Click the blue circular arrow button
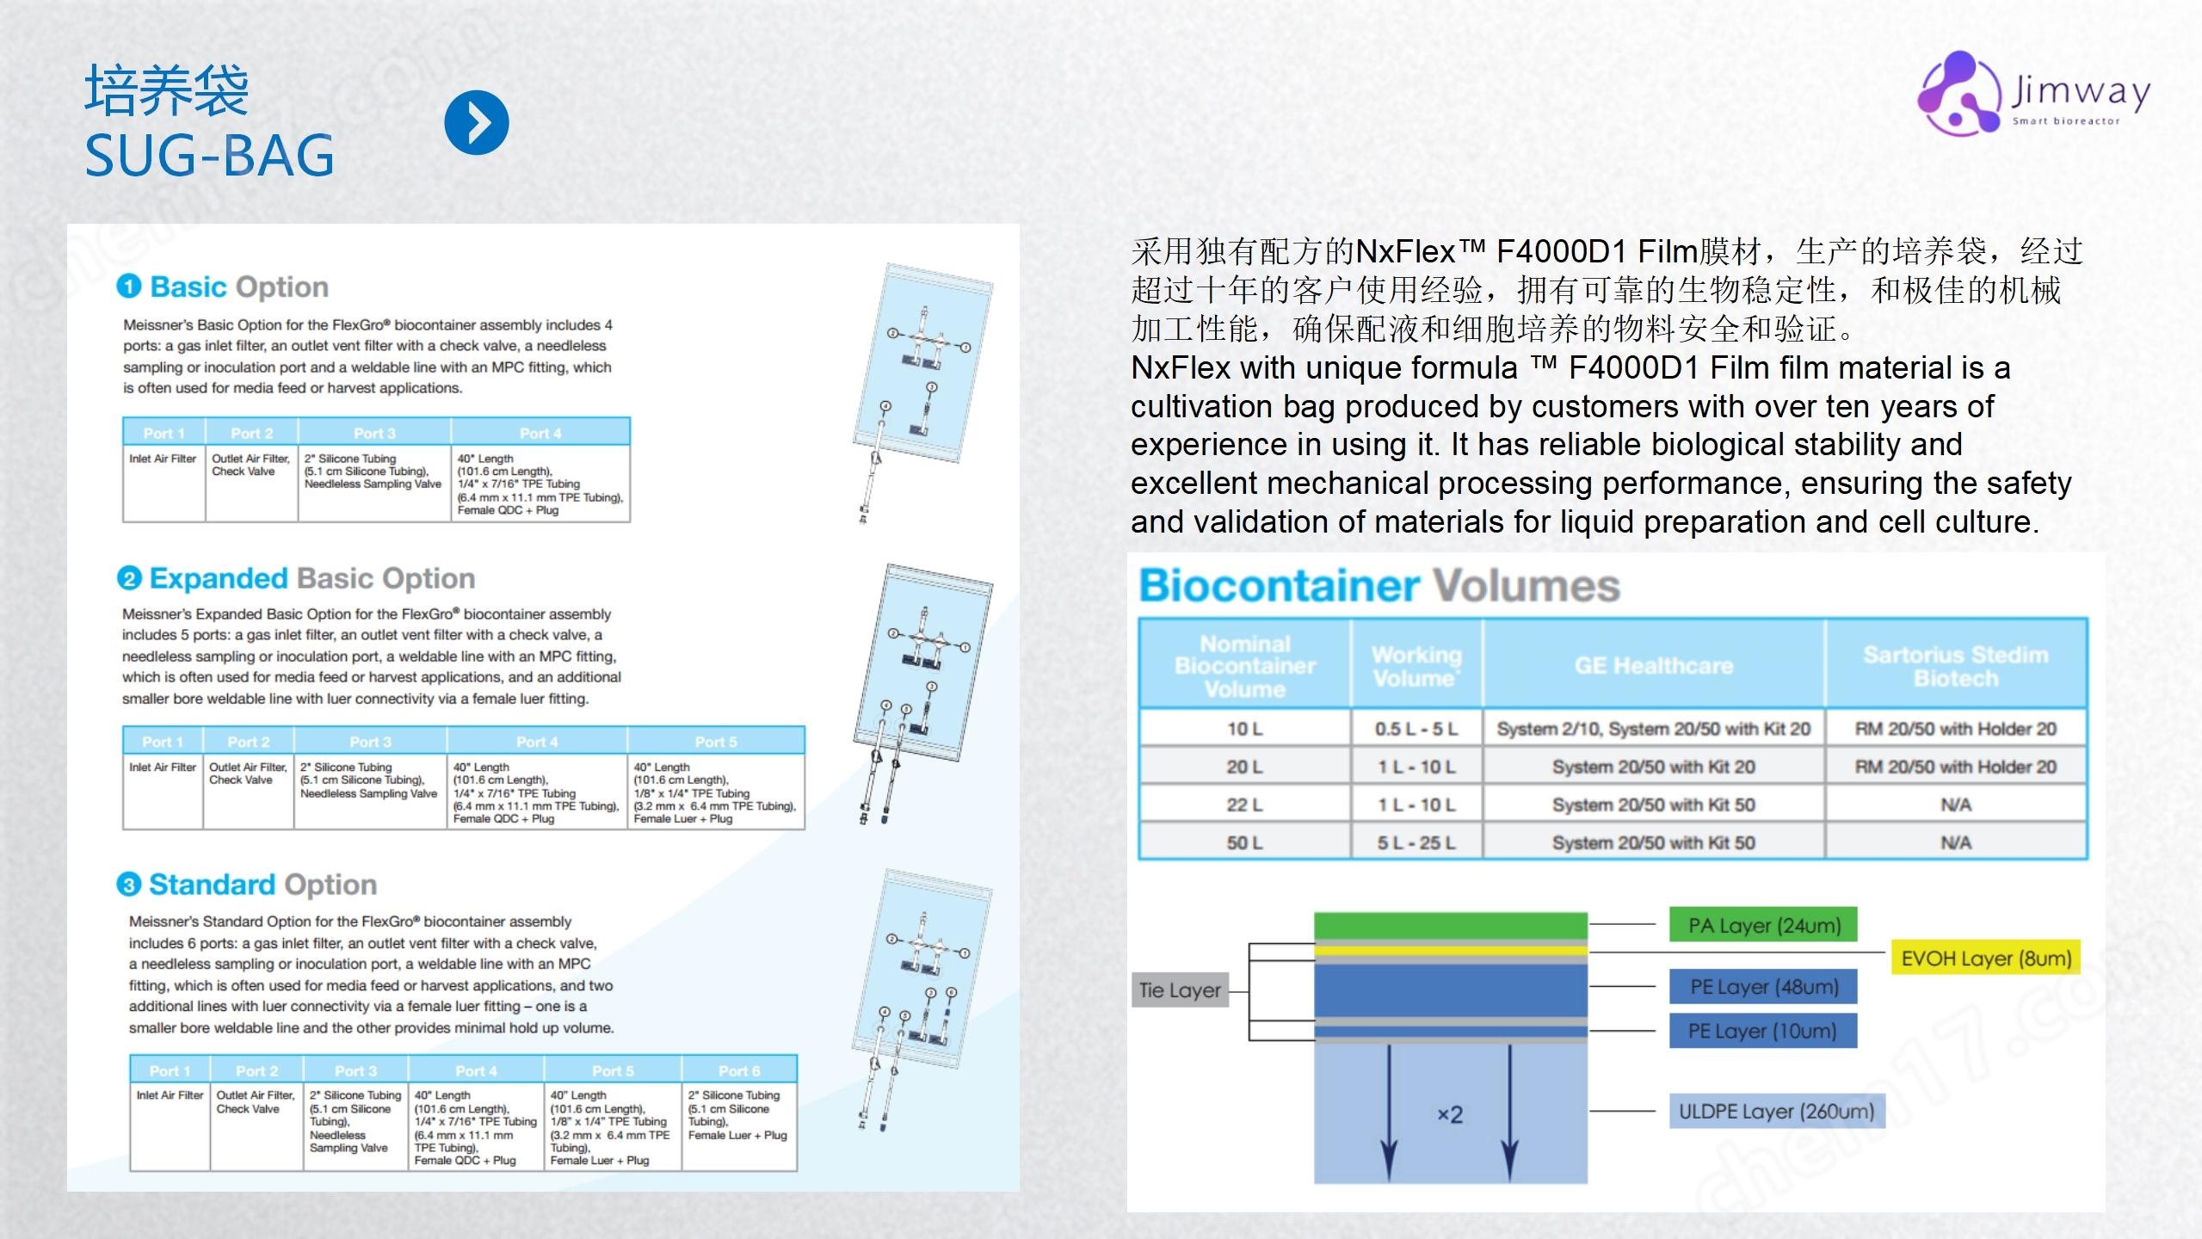(x=477, y=122)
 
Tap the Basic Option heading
(x=223, y=287)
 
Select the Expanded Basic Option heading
(x=296, y=578)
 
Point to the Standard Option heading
(x=247, y=885)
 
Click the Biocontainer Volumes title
(x=1379, y=585)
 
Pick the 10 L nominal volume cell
(x=1244, y=729)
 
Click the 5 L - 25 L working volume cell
(x=1416, y=842)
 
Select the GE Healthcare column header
(x=1653, y=665)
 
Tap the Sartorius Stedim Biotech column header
(x=1956, y=666)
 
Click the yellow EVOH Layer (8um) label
(x=1986, y=958)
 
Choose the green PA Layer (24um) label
(x=1763, y=925)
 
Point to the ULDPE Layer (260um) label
(x=1776, y=1111)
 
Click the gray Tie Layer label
(x=1180, y=989)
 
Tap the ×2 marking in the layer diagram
(x=1450, y=1114)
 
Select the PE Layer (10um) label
(x=1763, y=1031)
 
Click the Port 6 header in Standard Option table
(x=739, y=1070)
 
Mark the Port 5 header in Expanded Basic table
(x=716, y=742)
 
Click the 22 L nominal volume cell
(x=1244, y=804)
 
